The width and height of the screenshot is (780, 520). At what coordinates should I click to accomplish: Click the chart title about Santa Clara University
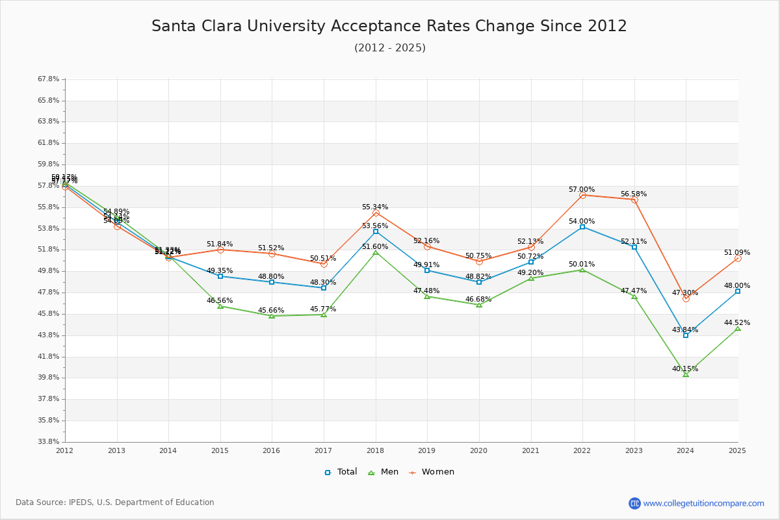[389, 26]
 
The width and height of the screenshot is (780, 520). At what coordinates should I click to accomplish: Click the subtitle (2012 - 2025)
[389, 48]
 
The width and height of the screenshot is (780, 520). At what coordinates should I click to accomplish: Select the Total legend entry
[341, 472]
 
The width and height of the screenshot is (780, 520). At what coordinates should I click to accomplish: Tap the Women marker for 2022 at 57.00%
[582, 195]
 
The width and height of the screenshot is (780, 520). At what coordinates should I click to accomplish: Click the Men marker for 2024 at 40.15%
[686, 374]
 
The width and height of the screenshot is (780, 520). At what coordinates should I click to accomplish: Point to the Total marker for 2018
[376, 231]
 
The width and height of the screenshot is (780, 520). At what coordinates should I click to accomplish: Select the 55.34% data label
[375, 207]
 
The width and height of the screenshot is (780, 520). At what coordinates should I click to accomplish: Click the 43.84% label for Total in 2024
[685, 330]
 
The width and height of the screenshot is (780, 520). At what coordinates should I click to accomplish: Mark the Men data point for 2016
[272, 316]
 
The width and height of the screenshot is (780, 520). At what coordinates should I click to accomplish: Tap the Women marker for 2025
[738, 258]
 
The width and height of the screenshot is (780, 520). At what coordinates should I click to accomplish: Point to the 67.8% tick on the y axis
[49, 79]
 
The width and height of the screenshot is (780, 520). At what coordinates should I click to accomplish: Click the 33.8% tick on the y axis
[49, 442]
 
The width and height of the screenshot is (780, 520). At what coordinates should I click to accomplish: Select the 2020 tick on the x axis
[479, 450]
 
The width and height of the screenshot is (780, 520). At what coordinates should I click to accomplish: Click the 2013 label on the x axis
[117, 450]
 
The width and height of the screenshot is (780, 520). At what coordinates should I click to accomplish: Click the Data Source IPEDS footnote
[115, 502]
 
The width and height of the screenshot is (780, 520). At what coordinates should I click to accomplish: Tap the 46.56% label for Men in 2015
[220, 301]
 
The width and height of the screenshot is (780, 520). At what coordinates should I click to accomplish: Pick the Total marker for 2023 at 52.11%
[634, 247]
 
